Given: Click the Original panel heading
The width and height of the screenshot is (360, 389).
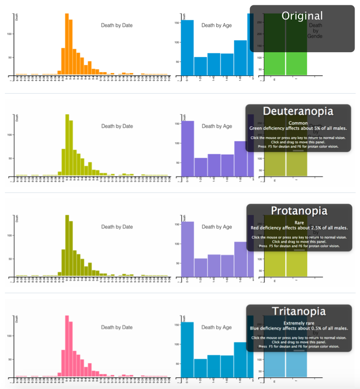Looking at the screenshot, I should pos(302,16).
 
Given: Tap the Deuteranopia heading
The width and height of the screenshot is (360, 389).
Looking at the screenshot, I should pos(298,111).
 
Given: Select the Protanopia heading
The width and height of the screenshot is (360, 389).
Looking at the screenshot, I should pos(299,211).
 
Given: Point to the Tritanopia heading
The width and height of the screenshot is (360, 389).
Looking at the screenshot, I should pos(299,311).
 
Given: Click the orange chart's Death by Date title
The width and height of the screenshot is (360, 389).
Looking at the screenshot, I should pos(117,25).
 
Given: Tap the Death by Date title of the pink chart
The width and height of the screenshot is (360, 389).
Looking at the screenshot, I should pos(117,327).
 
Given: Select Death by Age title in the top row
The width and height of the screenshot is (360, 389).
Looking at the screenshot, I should pos(217,25).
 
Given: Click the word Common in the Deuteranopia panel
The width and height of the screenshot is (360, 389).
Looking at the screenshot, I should pos(298,123).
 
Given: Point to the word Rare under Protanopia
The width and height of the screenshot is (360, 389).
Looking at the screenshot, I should pos(299,223).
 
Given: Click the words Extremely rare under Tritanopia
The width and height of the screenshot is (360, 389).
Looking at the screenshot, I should pos(299,323).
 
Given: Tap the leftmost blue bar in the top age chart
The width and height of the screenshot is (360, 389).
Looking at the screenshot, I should pos(187,48).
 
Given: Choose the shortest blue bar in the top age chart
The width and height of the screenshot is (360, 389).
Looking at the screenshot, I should pos(200,67).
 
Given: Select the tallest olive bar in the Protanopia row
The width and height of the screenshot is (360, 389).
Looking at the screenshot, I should pos(67,246).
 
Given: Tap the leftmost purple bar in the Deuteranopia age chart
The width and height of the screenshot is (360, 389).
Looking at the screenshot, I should pos(187,149).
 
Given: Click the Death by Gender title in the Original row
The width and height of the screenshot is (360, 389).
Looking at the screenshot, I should pos(315,30).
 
